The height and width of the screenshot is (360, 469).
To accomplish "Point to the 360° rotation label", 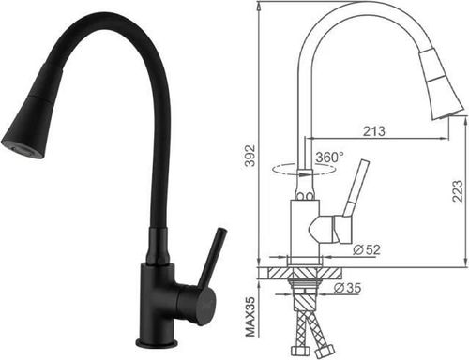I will pos(329,157).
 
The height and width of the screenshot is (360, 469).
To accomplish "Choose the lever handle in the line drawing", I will pos(355,193).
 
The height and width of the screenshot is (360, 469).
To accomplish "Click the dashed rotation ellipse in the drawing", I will pos(291,170).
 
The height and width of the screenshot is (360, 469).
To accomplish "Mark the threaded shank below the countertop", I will pos(306,291).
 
